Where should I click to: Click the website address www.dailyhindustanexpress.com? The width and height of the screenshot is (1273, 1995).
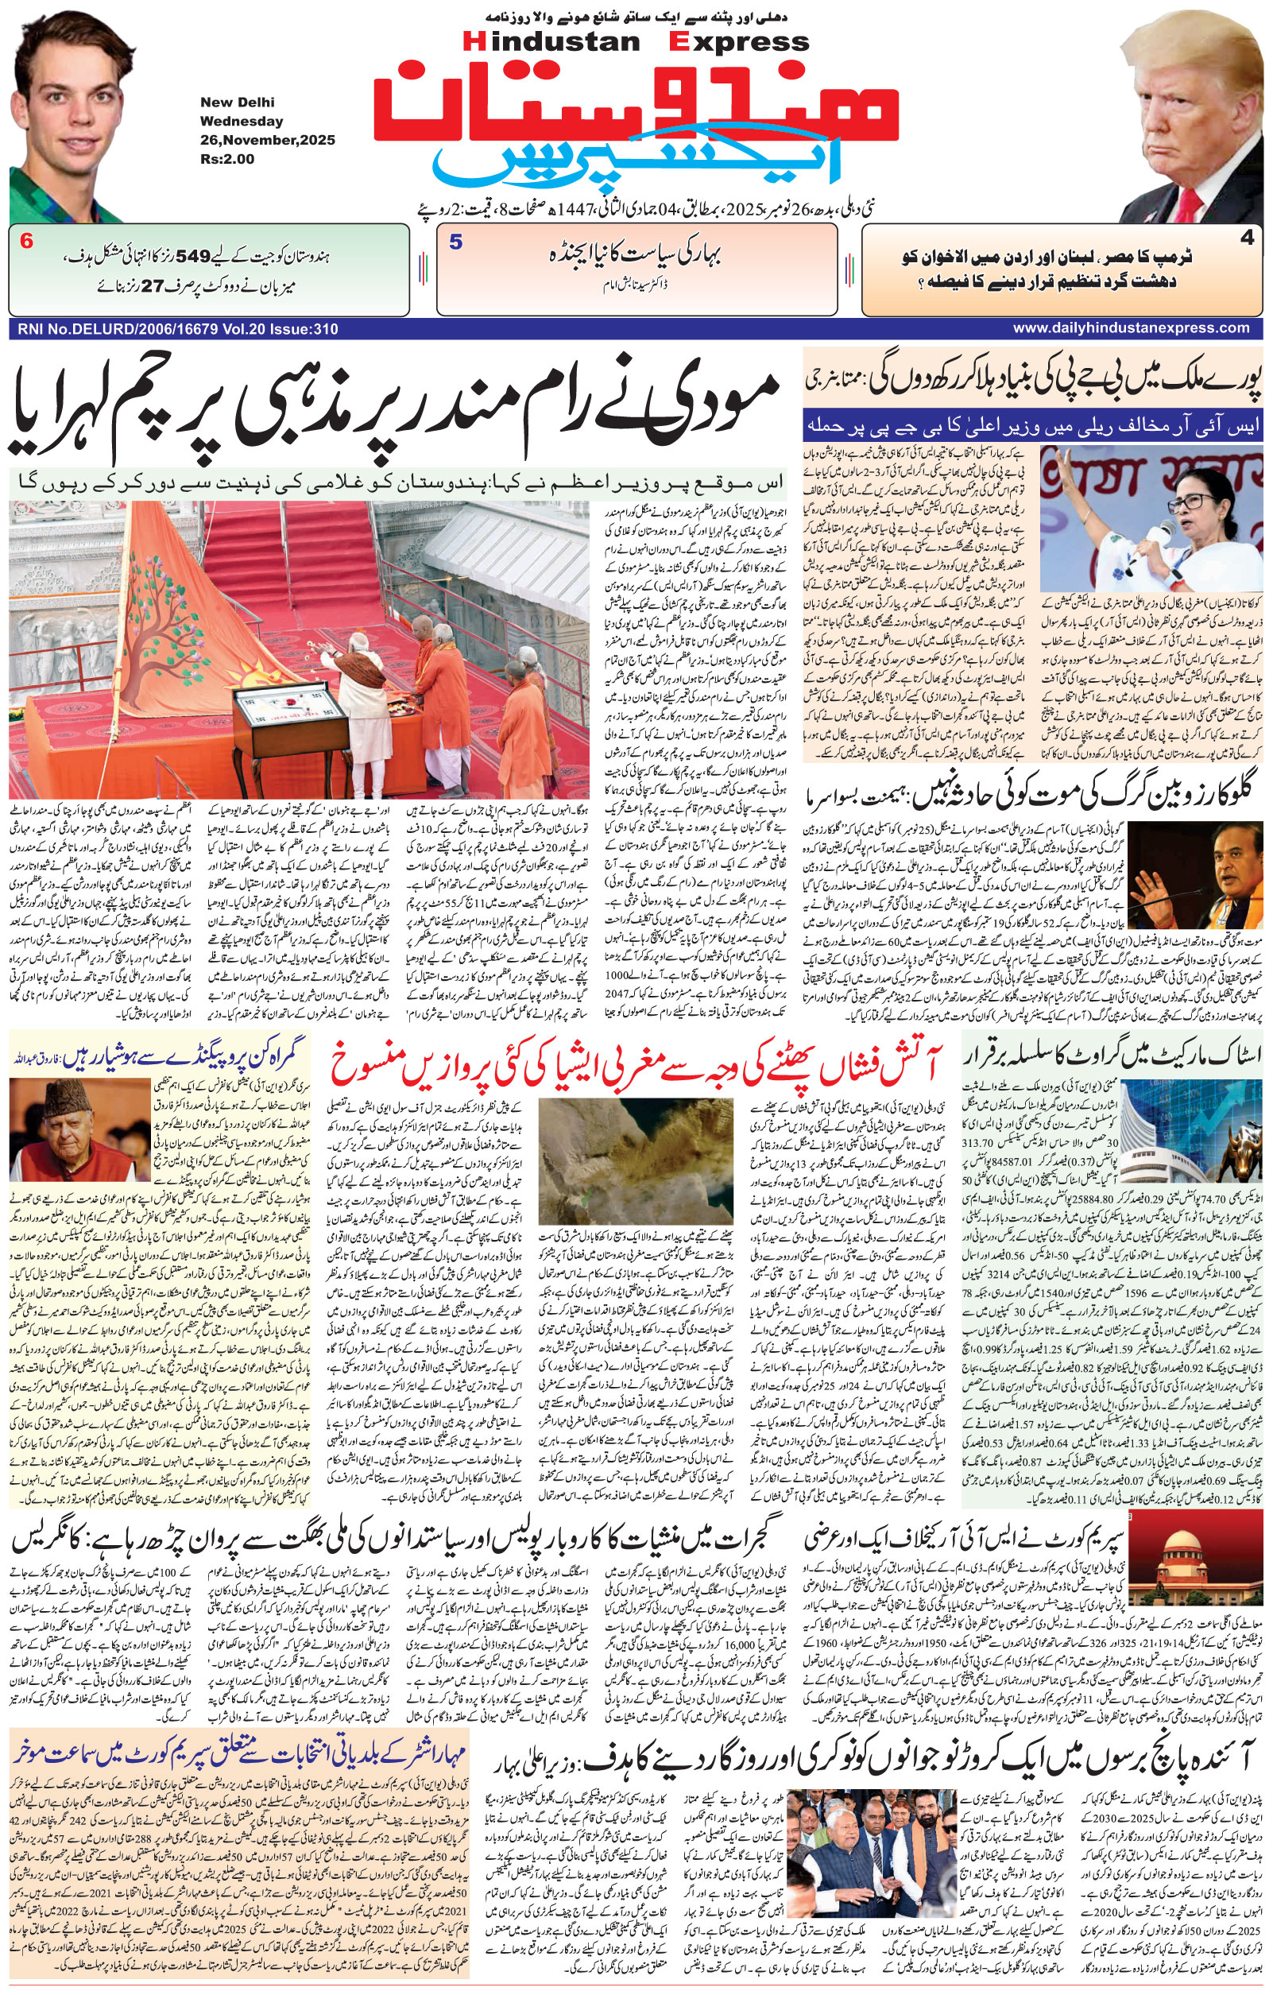pos(1131,328)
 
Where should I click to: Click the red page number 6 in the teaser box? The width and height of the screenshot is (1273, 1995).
pos(26,242)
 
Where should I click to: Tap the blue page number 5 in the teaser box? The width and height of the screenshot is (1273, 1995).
pos(455,242)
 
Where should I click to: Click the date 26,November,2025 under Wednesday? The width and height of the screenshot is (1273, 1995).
pos(267,140)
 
